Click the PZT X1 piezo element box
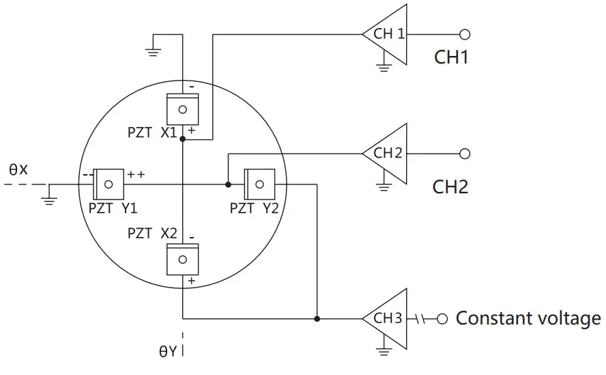(182, 109)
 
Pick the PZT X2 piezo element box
(182, 259)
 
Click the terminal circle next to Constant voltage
(442, 318)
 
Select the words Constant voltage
(528, 318)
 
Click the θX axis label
(18, 168)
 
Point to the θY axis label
(168, 352)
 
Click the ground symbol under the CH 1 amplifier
(384, 67)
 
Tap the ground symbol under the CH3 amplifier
(384, 351)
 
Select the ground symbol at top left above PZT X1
(153, 48)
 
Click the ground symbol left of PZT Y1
(49, 199)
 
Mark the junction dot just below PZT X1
(182, 139)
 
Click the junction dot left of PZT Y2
(227, 184)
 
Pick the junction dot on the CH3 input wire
(317, 318)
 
